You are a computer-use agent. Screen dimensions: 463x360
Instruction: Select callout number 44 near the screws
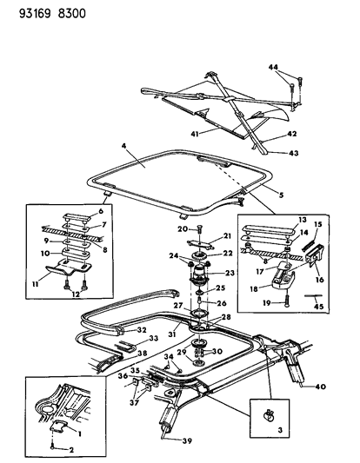point(273,68)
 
